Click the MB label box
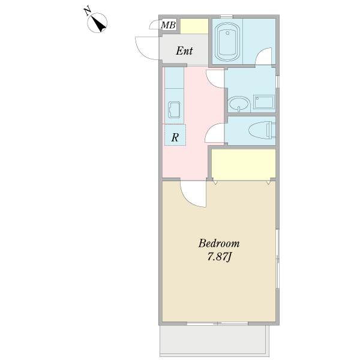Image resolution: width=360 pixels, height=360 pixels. [168, 25]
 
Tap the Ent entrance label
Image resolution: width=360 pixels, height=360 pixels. [184, 51]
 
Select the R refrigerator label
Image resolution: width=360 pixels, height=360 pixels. [175, 137]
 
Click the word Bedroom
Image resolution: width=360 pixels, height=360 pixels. [219, 244]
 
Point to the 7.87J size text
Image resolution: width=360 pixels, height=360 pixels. [219, 256]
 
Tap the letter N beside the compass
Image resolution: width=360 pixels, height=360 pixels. [87, 11]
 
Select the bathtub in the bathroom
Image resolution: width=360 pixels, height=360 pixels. [227, 42]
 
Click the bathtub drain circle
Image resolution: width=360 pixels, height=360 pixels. [227, 33]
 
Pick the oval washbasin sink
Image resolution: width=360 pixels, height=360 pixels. [239, 104]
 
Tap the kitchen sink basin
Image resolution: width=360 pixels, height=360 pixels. [174, 110]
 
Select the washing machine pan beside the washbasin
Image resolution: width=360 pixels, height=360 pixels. [264, 102]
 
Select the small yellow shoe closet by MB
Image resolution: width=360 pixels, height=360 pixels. [194, 26]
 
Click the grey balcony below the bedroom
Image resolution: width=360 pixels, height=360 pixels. [214, 340]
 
